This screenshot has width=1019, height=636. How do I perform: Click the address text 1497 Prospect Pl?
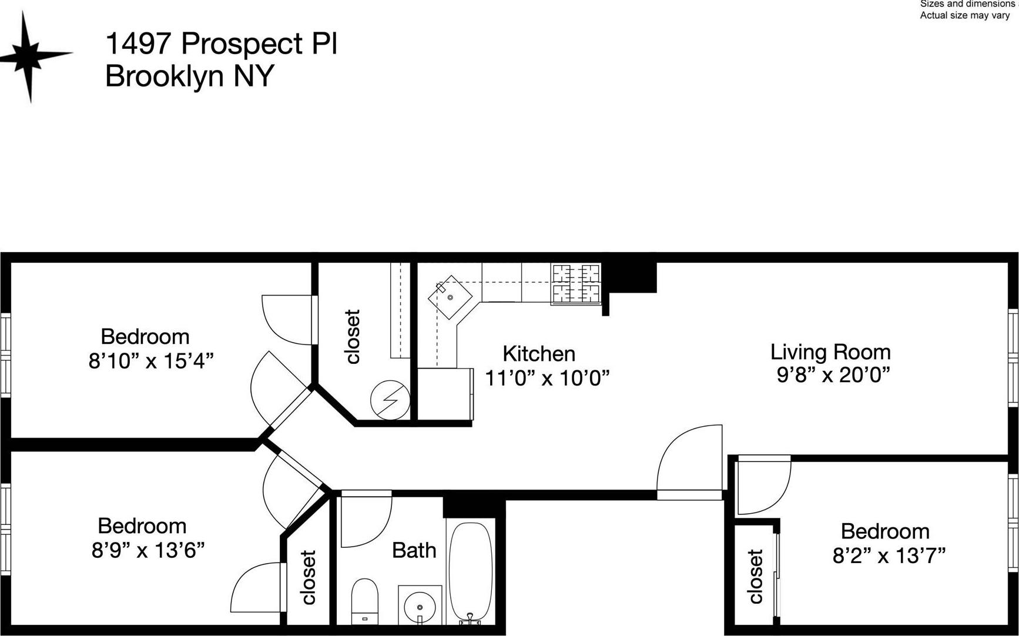221,43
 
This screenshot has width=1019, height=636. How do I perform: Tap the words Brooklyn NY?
189,76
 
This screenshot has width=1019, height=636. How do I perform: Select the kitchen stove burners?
576,284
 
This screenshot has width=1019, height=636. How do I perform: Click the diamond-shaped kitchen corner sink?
450,297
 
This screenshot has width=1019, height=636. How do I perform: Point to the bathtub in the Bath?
470,570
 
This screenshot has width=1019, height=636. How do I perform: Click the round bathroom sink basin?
420,605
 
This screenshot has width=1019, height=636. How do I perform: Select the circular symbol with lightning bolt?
390,400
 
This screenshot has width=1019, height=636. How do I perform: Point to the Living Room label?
830,352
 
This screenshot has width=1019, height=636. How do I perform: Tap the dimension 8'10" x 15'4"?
150,360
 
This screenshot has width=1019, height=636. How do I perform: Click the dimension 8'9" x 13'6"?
148,550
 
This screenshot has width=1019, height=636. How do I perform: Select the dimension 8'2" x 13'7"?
889,555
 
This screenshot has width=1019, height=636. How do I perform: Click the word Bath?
414,550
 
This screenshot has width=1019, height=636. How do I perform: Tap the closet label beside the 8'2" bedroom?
756,577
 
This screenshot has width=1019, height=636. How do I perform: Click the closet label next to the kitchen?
353,337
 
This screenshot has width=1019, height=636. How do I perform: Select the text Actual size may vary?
964,15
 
